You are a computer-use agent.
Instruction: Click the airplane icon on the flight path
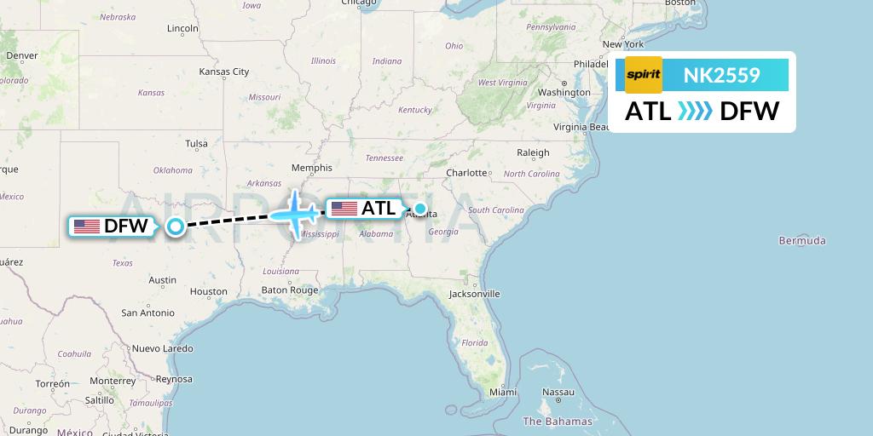(x=295, y=214)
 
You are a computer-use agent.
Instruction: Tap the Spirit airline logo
(x=643, y=75)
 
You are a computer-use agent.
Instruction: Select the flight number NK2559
(x=721, y=75)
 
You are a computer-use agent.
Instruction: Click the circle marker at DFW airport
(x=176, y=227)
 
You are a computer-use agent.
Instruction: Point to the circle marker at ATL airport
(x=419, y=208)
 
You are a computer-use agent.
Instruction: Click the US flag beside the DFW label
(x=87, y=227)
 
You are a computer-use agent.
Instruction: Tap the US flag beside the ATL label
(x=344, y=209)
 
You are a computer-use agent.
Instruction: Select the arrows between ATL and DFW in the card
(x=695, y=111)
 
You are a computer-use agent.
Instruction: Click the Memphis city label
(x=311, y=168)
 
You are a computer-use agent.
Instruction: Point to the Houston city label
(x=209, y=291)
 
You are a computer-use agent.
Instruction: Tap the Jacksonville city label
(x=474, y=294)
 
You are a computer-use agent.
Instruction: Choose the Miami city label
(x=503, y=393)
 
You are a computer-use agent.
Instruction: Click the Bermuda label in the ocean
(x=801, y=241)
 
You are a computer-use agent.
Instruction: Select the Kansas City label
(x=223, y=72)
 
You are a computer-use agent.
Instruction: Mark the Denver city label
(x=22, y=55)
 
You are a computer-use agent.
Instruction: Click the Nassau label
(x=558, y=393)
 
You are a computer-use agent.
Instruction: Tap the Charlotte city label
(x=466, y=172)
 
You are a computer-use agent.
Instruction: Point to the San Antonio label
(x=147, y=313)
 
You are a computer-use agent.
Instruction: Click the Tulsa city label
(x=197, y=143)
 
